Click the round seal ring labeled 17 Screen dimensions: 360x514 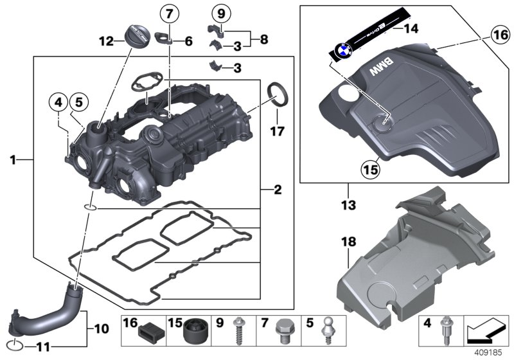point(278,92)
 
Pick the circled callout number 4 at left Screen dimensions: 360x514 point(58,102)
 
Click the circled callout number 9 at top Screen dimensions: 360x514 point(220,13)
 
